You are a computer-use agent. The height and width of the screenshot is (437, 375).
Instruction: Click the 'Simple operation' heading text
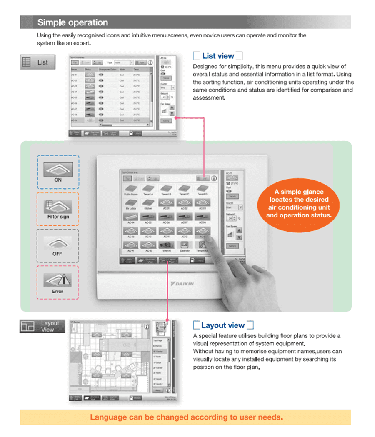pos(72,22)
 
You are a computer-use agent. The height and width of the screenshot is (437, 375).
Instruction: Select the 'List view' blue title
pos(218,56)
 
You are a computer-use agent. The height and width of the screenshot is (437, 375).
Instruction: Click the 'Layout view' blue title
pos(223,325)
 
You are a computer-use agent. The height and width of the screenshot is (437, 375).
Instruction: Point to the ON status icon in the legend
pos(58,169)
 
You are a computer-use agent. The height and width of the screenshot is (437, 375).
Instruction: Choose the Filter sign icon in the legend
pos(58,206)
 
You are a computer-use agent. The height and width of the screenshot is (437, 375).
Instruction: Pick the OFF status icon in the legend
pos(58,242)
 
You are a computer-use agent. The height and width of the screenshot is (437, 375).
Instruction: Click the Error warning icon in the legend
pos(58,279)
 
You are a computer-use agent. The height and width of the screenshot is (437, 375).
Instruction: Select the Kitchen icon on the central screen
pos(148,202)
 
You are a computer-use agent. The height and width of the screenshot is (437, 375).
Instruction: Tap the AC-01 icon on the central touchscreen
pos(167,202)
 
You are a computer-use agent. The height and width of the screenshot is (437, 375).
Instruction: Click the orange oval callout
pos(299,204)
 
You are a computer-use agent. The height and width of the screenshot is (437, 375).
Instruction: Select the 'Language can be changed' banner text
pos(186,417)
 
